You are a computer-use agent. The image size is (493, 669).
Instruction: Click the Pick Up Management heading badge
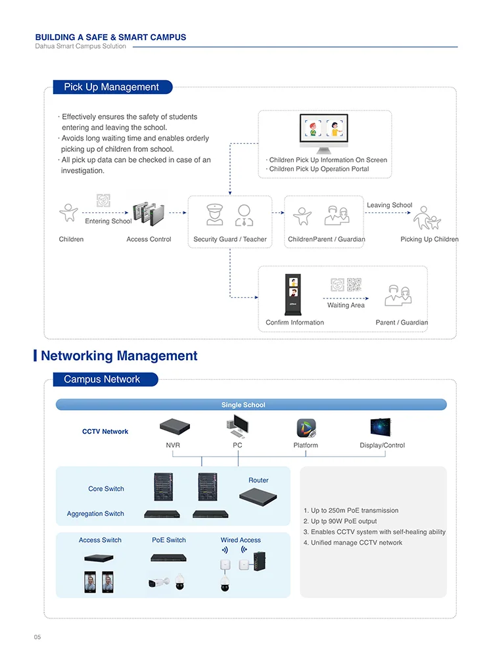(112, 87)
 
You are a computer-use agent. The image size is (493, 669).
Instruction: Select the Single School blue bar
(250, 405)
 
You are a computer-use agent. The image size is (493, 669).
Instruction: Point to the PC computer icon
(237, 428)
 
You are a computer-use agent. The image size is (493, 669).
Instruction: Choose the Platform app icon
(306, 428)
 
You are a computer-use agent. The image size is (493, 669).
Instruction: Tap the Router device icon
(258, 496)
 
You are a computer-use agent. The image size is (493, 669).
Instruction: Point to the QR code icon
(354, 285)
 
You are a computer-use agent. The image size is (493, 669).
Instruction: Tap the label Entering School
(108, 221)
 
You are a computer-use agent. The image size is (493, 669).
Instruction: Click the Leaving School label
(389, 205)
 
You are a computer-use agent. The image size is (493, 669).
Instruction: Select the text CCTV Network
(105, 432)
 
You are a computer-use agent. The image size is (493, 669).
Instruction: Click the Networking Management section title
(119, 356)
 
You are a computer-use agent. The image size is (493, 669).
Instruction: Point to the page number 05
(37, 637)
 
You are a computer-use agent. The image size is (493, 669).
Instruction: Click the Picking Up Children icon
(427, 218)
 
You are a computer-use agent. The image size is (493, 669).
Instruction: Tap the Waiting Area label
(346, 306)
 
